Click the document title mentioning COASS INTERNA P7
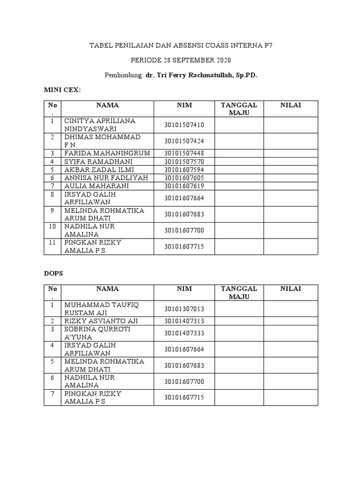click(181, 46)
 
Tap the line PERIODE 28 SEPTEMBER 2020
click(181, 60)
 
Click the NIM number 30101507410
click(184, 125)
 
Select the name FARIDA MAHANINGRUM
click(107, 153)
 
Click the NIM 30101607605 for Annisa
click(184, 178)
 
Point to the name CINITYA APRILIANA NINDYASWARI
click(100, 125)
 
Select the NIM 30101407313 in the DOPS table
click(184, 321)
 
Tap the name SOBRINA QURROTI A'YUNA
click(98, 333)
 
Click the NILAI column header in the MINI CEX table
click(291, 105)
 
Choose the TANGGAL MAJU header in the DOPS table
click(239, 292)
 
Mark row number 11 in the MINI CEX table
click(53, 242)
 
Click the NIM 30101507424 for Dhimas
click(184, 141)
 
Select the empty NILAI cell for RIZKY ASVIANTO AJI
click(290, 321)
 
